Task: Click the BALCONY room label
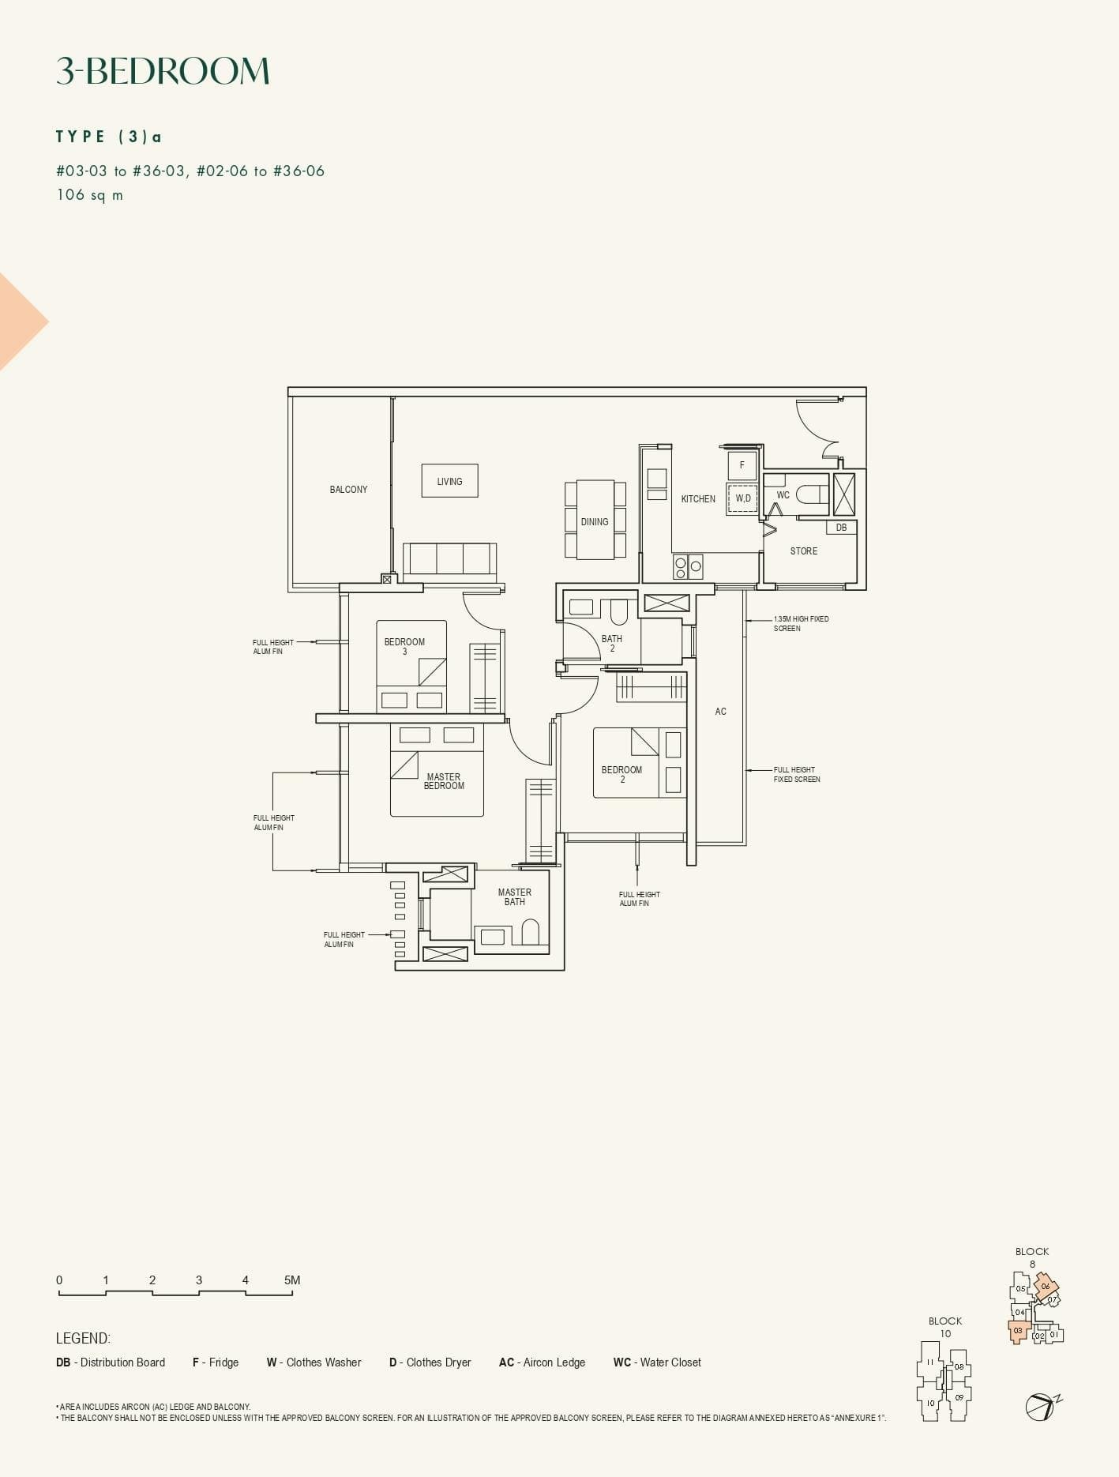[348, 490]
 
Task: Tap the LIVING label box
[449, 481]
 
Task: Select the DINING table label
[595, 521]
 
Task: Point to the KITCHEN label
[698, 499]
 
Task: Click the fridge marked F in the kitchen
[742, 465]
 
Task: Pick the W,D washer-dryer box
[742, 498]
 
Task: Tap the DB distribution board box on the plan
[841, 528]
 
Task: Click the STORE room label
[804, 551]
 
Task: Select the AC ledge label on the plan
[720, 712]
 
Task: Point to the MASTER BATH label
[514, 897]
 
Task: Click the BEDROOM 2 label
[621, 775]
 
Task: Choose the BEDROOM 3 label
[404, 646]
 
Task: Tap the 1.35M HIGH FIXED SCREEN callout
[801, 624]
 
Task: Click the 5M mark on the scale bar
[292, 1280]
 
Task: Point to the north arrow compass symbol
[1041, 1407]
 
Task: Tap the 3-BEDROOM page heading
[163, 71]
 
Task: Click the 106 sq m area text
[89, 195]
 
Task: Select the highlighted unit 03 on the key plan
[1018, 1331]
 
